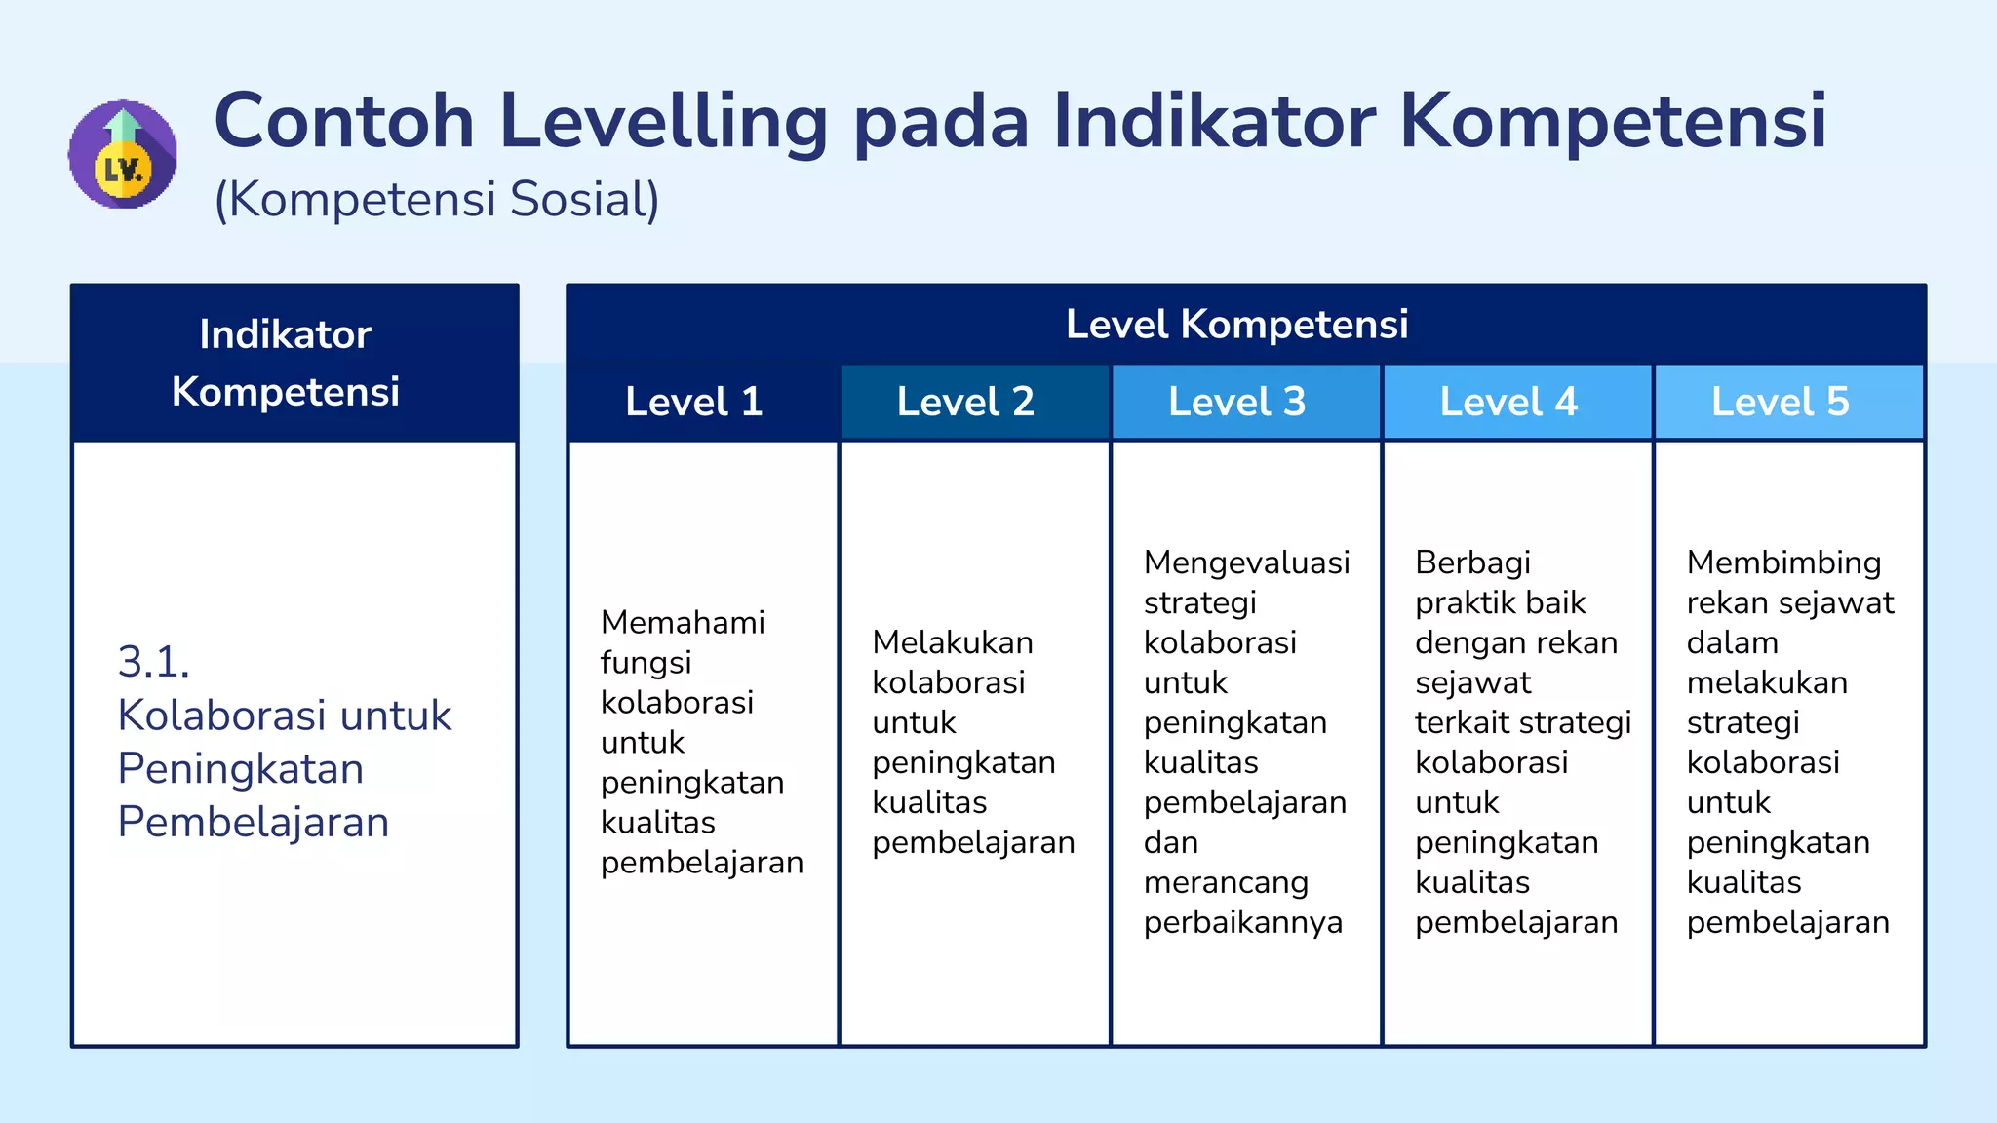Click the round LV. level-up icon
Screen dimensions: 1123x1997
click(123, 154)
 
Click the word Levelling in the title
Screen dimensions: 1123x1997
click(663, 122)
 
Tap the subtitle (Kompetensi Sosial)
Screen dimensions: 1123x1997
click(437, 200)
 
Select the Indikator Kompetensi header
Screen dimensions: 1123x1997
click(286, 363)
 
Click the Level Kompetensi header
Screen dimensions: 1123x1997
click(1236, 324)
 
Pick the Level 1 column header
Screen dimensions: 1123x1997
click(693, 402)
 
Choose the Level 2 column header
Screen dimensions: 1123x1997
click(965, 402)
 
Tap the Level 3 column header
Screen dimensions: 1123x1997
click(1236, 402)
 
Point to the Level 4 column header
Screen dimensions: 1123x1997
click(1508, 402)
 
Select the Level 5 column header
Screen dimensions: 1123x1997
click(1780, 402)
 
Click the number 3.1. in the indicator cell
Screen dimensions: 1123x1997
click(153, 662)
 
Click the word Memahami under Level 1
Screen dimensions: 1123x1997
click(683, 622)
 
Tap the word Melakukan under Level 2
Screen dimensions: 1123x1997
click(953, 642)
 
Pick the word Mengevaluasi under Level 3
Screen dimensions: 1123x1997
click(1246, 562)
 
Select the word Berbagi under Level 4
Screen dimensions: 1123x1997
click(1472, 562)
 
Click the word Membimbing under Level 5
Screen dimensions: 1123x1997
click(1783, 562)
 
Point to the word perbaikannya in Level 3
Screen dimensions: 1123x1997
click(1242, 922)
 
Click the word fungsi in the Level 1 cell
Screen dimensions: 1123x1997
click(646, 663)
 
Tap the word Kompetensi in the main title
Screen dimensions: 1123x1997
click(1613, 122)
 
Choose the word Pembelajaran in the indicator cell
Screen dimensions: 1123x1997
click(254, 822)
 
